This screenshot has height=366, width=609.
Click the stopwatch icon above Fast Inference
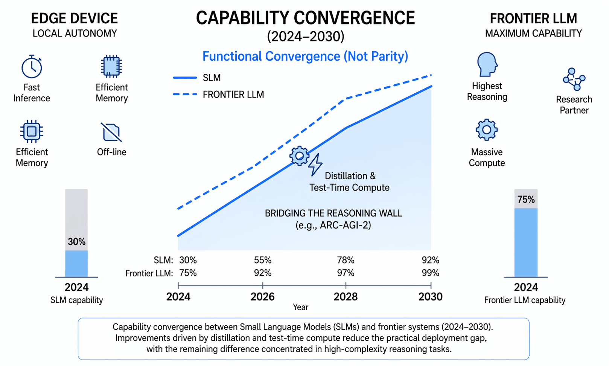click(x=32, y=67)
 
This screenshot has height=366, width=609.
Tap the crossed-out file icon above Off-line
click(x=111, y=132)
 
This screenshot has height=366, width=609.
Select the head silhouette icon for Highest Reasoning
click(x=487, y=64)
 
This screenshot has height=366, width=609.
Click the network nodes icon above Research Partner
click(x=574, y=79)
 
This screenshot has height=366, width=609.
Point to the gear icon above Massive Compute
click(x=486, y=130)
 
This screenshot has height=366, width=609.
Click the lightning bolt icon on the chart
click(x=315, y=165)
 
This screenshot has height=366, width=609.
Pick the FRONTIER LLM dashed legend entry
click(x=219, y=95)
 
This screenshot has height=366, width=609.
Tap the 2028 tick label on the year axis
click(x=346, y=297)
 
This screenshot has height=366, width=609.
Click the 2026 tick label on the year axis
click(x=262, y=297)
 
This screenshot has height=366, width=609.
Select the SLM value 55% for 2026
click(x=262, y=260)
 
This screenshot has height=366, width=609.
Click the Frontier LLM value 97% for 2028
click(x=346, y=273)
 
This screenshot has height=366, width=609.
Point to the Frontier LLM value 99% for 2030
click(x=430, y=273)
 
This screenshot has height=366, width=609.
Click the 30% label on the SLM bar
click(x=76, y=242)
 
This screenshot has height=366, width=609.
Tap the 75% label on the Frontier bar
click(x=525, y=200)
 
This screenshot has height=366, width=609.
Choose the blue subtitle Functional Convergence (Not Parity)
click(x=305, y=56)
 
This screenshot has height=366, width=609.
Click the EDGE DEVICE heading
click(x=74, y=18)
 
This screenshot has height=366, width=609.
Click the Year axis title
click(x=300, y=307)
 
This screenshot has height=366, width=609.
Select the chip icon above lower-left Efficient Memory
click(x=32, y=131)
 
